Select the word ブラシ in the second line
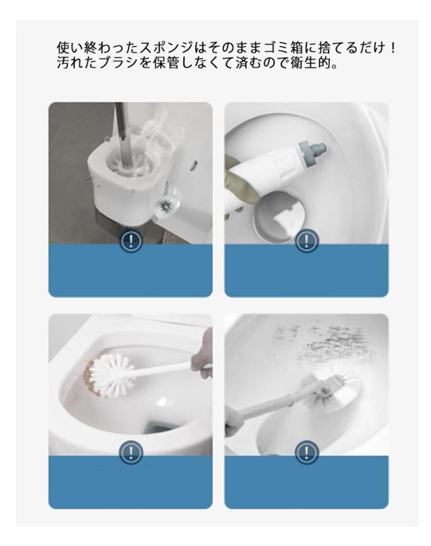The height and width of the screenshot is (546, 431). pyautogui.click(x=119, y=63)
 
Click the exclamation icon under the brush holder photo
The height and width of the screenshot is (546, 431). pyautogui.click(x=131, y=240)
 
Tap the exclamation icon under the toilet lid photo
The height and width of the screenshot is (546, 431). pyautogui.click(x=306, y=240)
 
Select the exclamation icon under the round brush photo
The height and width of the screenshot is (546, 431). pyautogui.click(x=131, y=452)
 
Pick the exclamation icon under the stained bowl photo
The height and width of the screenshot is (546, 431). pyautogui.click(x=306, y=452)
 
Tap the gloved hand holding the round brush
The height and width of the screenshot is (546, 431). pyautogui.click(x=202, y=355)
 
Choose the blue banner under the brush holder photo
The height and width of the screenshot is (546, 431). pyautogui.click(x=131, y=271)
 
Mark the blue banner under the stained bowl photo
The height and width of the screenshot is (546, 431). pyautogui.click(x=306, y=482)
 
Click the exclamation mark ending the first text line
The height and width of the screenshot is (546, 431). pyautogui.click(x=393, y=47)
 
